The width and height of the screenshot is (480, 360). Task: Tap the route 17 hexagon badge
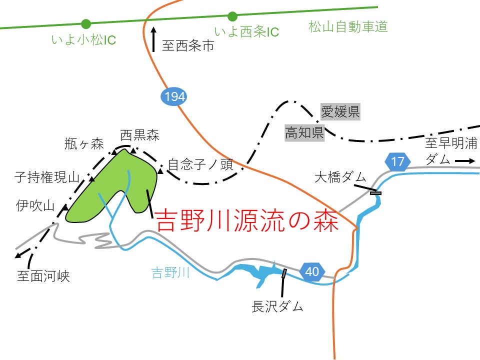(x=397, y=162)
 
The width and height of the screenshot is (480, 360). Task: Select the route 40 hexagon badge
(x=311, y=271)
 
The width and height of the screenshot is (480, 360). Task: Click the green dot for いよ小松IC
(x=86, y=23)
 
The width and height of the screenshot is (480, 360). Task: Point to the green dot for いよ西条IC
(x=232, y=16)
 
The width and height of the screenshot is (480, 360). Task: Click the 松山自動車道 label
(x=348, y=27)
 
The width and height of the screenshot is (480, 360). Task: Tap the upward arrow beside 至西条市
(x=153, y=39)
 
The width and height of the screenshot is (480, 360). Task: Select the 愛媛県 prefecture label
(x=340, y=111)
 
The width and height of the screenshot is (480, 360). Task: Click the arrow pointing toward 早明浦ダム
(x=464, y=161)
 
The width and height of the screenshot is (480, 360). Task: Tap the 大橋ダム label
(x=340, y=176)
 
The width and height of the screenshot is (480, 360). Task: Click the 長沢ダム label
(x=277, y=306)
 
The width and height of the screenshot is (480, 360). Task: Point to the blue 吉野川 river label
(x=170, y=273)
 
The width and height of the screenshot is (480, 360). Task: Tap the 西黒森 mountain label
(x=139, y=134)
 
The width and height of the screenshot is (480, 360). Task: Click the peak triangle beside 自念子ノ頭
(x=160, y=172)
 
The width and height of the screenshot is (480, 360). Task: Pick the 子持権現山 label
(x=47, y=177)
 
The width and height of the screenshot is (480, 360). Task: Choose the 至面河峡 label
(x=43, y=276)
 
